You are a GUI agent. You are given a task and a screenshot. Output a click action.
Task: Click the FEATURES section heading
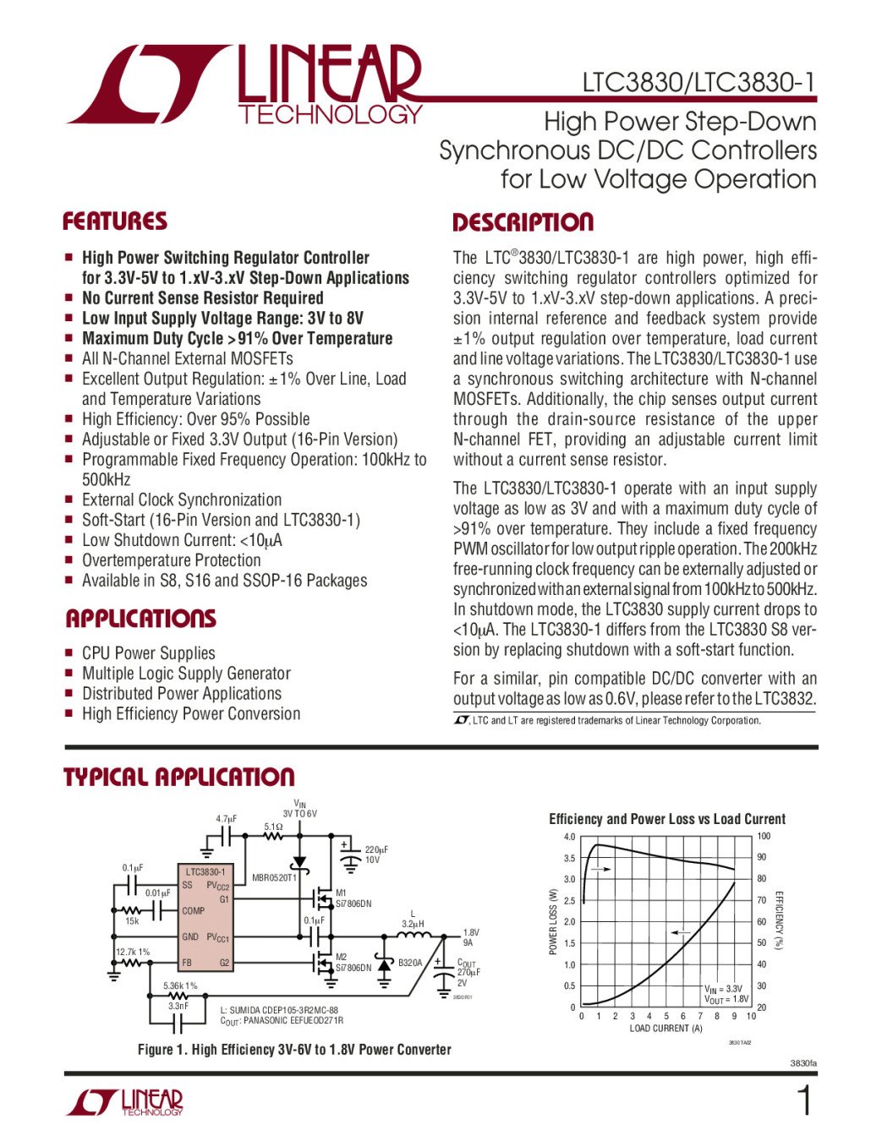pyautogui.click(x=115, y=221)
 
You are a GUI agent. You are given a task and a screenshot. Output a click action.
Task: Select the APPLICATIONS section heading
pyautogui.click(x=140, y=619)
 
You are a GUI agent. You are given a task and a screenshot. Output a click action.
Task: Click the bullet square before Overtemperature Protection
pyautogui.click(x=70, y=560)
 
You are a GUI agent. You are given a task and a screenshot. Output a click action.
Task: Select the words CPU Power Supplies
pyautogui.click(x=149, y=653)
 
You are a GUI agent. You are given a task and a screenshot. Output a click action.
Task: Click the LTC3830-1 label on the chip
pyautogui.click(x=205, y=871)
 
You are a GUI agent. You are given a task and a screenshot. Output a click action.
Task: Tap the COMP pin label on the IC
pyautogui.click(x=194, y=911)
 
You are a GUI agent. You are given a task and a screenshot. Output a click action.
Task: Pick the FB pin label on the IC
pyautogui.click(x=187, y=963)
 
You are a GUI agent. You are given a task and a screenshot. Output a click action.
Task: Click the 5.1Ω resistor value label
pyautogui.click(x=273, y=827)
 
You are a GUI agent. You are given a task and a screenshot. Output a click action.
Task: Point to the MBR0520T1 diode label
pyautogui.click(x=275, y=878)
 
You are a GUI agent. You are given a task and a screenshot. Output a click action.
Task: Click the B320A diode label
pyautogui.click(x=410, y=963)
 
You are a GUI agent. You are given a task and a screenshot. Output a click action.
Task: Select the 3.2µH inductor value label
pyautogui.click(x=413, y=924)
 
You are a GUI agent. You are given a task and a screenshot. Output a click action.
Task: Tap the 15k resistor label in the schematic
pyautogui.click(x=132, y=921)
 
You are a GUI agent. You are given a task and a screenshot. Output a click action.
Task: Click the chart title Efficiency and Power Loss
pyautogui.click(x=666, y=819)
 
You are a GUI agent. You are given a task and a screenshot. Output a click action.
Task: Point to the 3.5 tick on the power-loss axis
pyautogui.click(x=569, y=859)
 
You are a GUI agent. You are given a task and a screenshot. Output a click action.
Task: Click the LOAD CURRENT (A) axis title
pyautogui.click(x=666, y=1029)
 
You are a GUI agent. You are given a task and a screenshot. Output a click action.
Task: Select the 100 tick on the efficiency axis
pyautogui.click(x=764, y=837)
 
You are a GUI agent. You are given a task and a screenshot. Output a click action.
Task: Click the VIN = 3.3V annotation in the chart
pyautogui.click(x=724, y=988)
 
